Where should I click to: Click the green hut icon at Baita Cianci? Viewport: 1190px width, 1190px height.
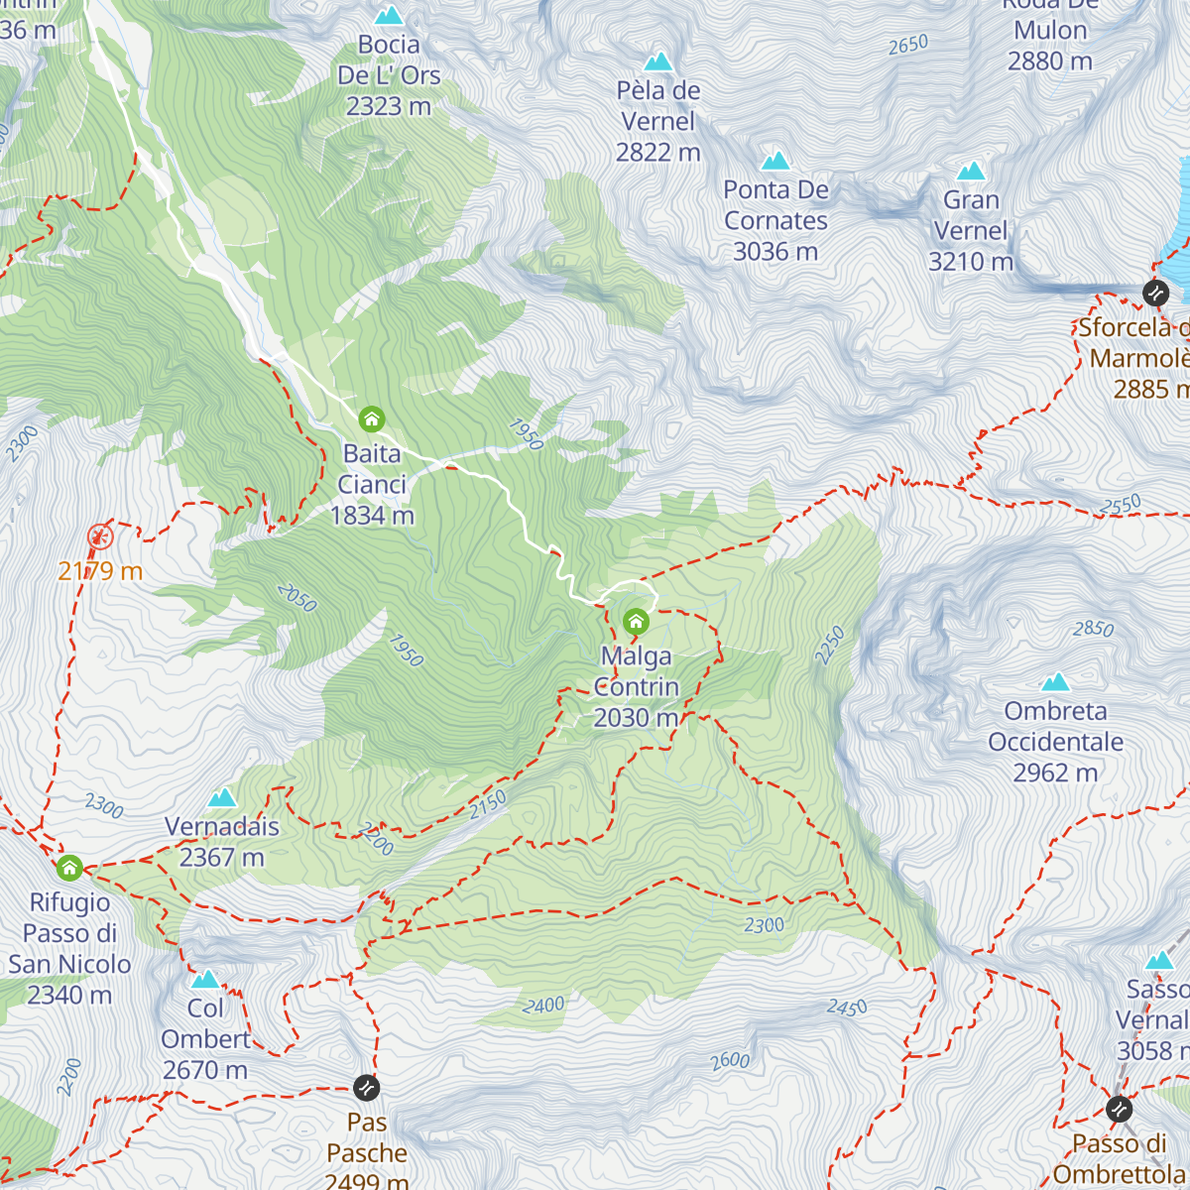(372, 418)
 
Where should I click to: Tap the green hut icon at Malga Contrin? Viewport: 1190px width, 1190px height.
(636, 622)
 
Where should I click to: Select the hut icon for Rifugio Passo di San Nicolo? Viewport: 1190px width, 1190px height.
(68, 869)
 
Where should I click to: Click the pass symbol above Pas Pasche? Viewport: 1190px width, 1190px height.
(366, 1088)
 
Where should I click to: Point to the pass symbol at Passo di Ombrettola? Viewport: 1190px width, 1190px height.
(1119, 1108)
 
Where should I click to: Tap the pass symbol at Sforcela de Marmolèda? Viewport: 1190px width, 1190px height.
(1155, 293)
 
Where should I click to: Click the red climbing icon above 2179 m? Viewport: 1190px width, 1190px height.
(100, 537)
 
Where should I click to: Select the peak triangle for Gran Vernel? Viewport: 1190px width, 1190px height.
(971, 171)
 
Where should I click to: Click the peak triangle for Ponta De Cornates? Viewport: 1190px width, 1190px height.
(775, 160)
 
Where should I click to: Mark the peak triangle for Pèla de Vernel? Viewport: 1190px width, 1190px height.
(657, 61)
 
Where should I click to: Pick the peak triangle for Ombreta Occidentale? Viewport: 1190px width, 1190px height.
(1055, 682)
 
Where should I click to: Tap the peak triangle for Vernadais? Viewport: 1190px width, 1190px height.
(222, 797)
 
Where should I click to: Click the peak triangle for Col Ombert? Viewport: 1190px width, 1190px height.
(205, 979)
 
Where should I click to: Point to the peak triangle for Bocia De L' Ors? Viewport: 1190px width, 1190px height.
(389, 15)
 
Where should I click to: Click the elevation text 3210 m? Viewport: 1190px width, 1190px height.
(971, 262)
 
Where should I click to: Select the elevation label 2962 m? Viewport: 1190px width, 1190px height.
(1055, 773)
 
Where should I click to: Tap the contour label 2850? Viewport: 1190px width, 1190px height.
(1093, 629)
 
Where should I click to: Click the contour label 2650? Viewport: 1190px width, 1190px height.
(907, 45)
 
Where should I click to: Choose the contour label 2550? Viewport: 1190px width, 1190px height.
(1120, 506)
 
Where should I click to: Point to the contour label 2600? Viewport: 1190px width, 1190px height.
(730, 1060)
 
